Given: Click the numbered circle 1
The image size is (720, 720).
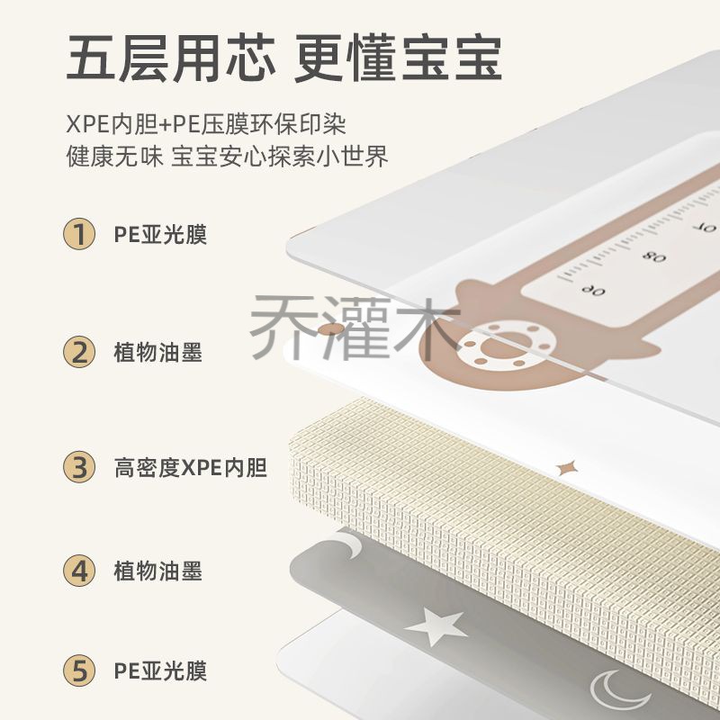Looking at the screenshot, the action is tap(79, 234).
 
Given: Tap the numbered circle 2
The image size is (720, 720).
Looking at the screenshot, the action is tap(79, 352).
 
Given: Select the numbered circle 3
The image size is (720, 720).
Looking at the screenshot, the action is tap(79, 467).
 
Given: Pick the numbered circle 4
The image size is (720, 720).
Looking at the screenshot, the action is tap(79, 571).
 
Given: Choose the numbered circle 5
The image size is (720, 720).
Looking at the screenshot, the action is tap(79, 670).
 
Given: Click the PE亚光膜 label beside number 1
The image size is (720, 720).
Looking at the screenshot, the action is tap(160, 234).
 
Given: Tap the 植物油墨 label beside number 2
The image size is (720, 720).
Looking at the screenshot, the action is tap(158, 353).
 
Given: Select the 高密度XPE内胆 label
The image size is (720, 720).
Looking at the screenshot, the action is tap(191, 467).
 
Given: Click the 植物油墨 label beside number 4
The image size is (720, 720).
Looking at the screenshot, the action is tap(158, 571).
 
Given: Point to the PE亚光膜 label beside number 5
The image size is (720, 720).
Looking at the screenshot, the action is tap(160, 670).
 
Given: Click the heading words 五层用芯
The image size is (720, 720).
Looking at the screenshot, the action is tap(171, 59).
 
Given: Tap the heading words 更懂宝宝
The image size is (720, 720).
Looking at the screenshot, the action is tap(398, 59).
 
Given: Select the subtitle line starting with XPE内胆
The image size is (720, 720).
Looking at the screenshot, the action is tap(206, 123).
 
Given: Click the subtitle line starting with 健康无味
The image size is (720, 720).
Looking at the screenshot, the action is tap(228, 156).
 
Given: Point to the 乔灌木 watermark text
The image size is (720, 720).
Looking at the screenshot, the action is tap(355, 328).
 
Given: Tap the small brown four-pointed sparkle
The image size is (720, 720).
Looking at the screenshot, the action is tap(566, 468).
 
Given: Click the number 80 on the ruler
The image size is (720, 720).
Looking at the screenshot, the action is tap(653, 256).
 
